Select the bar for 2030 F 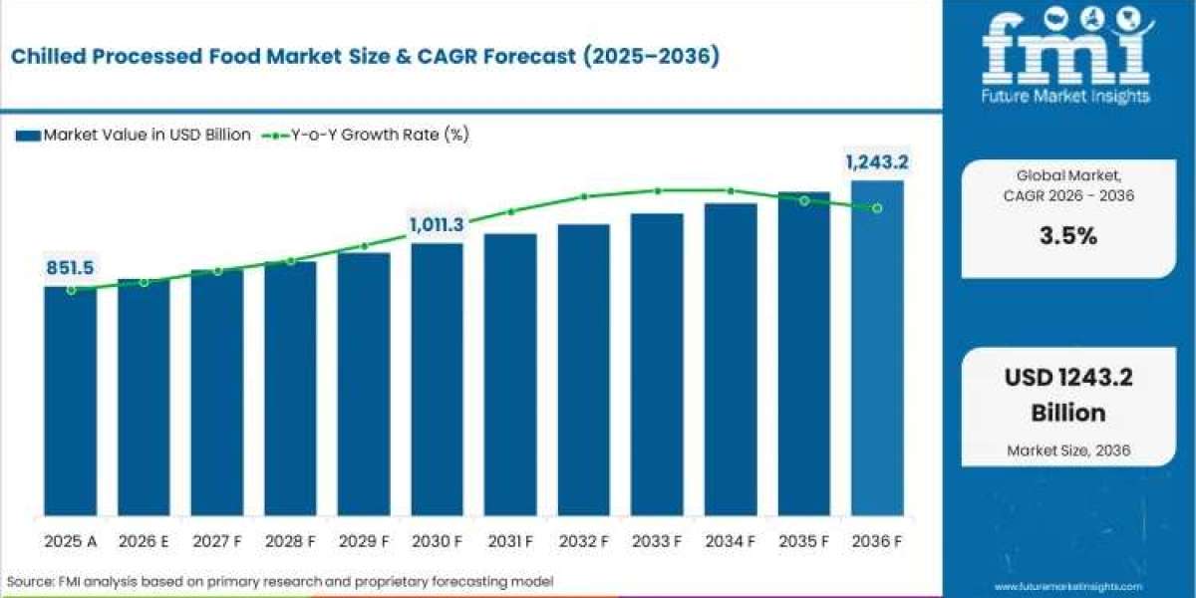pos(437,379)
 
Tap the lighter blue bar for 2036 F pos(877,348)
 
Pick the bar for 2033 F pos(657,365)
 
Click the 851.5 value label pos(69,267)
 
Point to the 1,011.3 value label pos(436,225)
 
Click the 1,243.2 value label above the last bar pos(877,161)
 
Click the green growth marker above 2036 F pos(877,208)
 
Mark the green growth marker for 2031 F pos(510,211)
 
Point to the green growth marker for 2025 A pos(71,290)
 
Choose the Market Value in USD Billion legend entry pos(134,135)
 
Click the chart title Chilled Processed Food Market pos(365,57)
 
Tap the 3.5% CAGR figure pos(1068,236)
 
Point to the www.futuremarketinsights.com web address pos(1067,587)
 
